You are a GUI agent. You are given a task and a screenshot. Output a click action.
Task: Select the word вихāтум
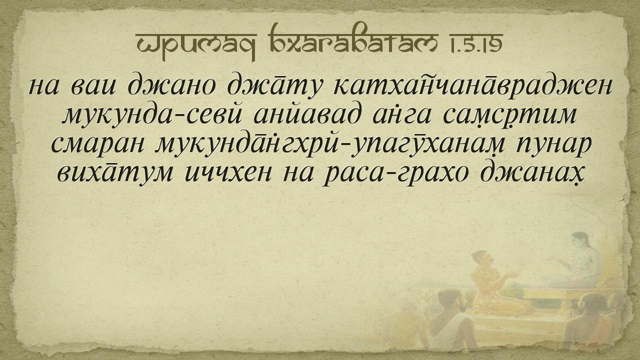[115, 173]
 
